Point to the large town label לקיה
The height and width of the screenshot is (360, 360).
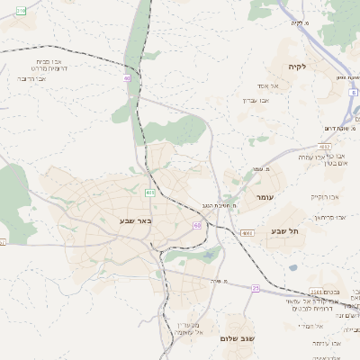coord(298,67)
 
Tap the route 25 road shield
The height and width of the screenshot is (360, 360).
coord(255,288)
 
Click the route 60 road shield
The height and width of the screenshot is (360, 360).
coord(196,225)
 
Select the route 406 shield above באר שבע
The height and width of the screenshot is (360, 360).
coord(149,193)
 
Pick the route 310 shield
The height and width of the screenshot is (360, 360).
coord(20,9)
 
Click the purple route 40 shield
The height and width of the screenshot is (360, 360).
coord(127,78)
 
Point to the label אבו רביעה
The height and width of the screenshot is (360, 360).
coord(31,79)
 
